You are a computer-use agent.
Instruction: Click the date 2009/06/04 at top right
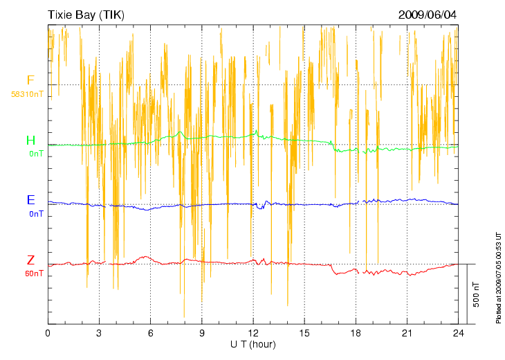tap(428, 15)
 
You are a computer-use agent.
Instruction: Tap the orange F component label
tap(30, 80)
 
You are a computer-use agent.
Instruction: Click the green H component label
tap(30, 141)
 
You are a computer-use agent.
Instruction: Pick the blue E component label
tap(30, 200)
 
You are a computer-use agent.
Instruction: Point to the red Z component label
tap(30, 260)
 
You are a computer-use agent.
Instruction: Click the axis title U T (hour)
tap(253, 344)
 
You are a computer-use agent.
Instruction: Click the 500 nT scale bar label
tap(477, 294)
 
